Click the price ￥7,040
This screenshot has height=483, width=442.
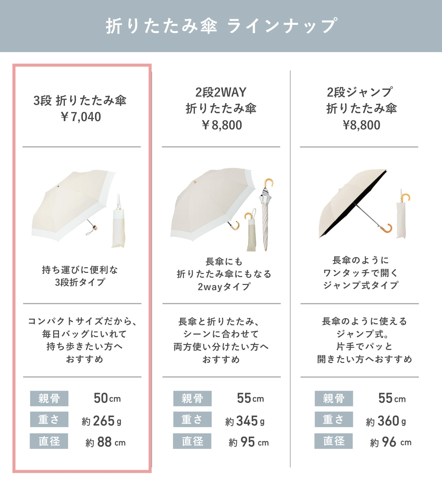point(81,117)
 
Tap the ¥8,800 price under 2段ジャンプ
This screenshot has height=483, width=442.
point(361,125)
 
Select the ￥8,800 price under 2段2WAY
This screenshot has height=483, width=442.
point(222,125)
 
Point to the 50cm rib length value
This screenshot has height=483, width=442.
point(107,398)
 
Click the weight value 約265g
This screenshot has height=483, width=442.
point(102,421)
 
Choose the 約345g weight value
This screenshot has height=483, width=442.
point(245,421)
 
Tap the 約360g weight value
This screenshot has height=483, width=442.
point(386,421)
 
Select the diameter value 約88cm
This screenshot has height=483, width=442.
point(106,442)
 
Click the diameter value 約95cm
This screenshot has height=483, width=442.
point(249,442)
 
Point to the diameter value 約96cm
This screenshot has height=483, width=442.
point(391,442)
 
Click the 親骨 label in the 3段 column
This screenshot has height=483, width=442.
point(49,398)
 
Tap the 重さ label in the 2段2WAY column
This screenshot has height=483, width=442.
point(192,420)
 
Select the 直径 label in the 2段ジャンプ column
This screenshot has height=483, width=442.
point(334,441)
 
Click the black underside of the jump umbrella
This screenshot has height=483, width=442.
point(354,205)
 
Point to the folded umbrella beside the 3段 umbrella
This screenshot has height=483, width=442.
point(118,223)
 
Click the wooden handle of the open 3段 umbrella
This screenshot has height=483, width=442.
point(95,227)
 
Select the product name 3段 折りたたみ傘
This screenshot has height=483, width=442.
point(80,100)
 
